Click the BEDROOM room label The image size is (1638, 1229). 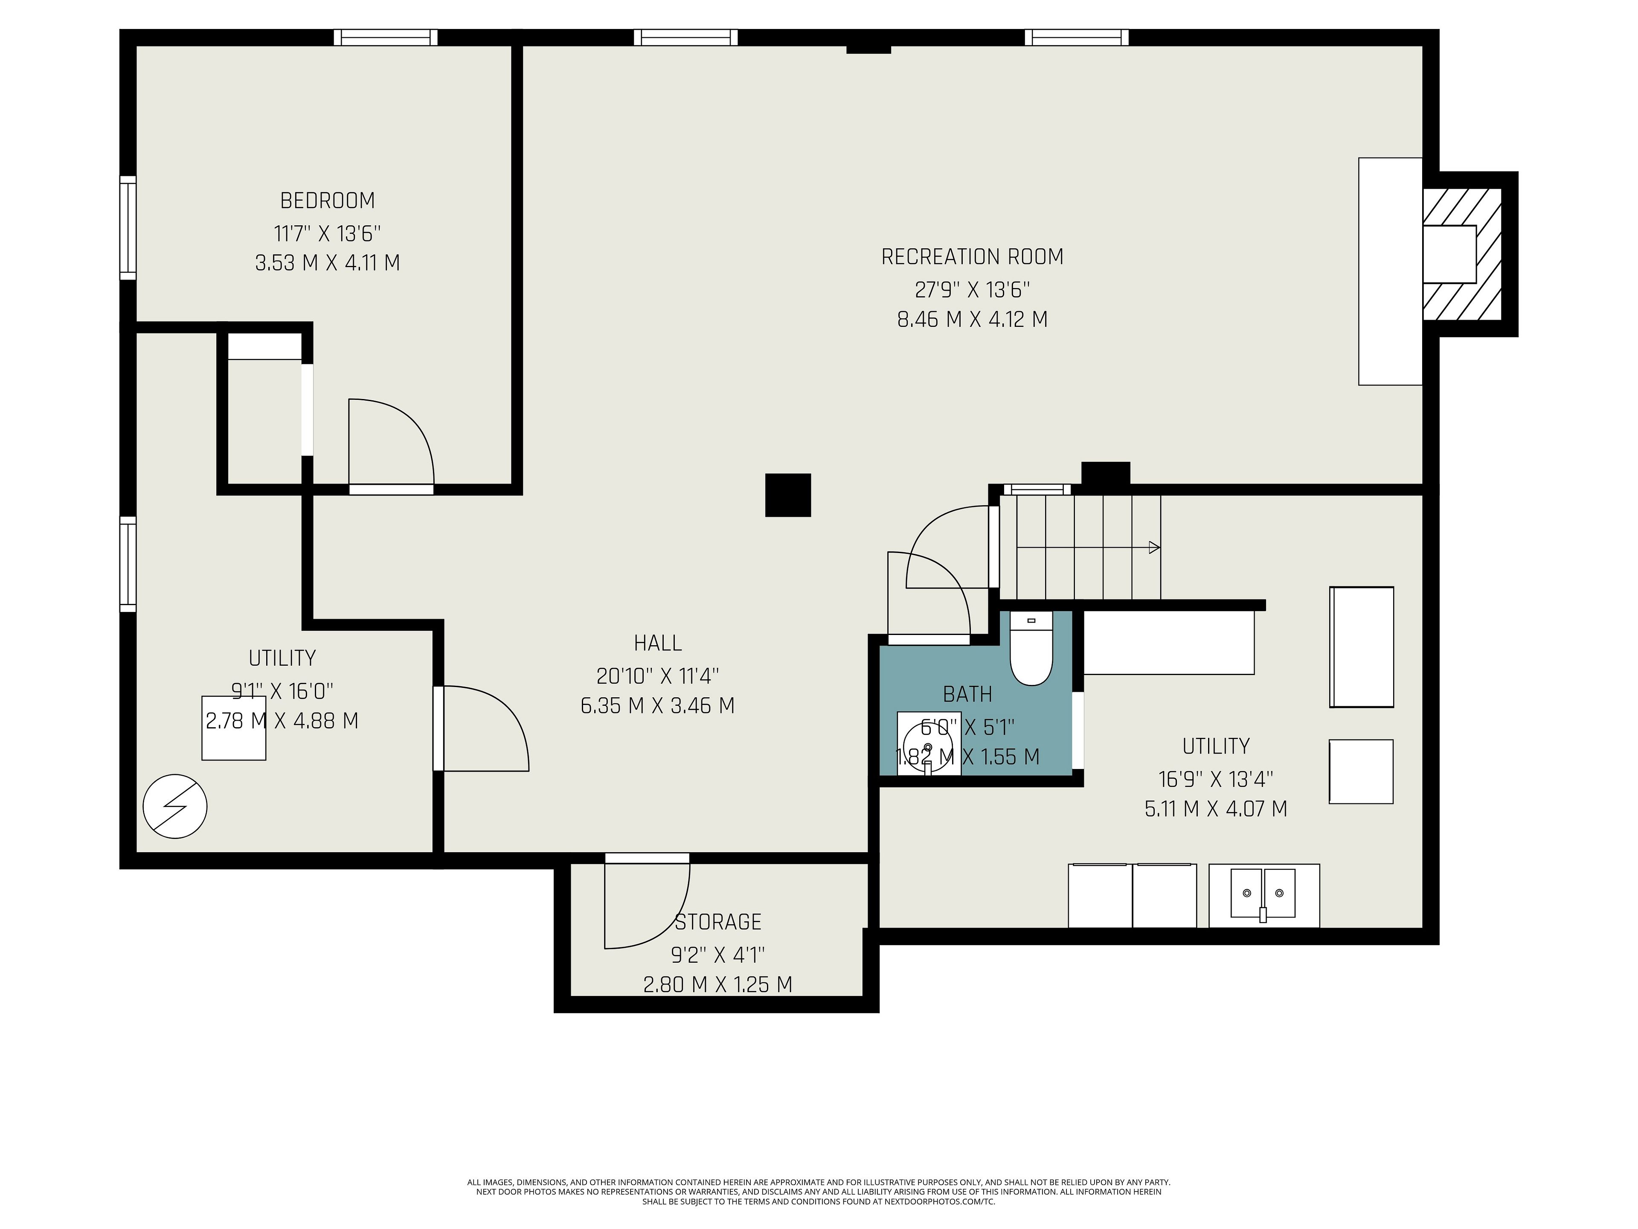point(327,201)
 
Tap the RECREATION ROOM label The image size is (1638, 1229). point(972,257)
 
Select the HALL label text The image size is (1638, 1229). point(658,643)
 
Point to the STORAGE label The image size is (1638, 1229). point(717,922)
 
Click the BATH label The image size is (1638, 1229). point(967,694)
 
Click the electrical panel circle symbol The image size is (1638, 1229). point(175,807)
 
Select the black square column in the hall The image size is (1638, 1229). point(788,495)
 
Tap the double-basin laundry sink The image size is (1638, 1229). point(1263,895)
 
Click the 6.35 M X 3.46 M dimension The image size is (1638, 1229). point(658,705)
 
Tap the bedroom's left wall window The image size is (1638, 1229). point(128,228)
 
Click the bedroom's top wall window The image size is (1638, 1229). point(385,37)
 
